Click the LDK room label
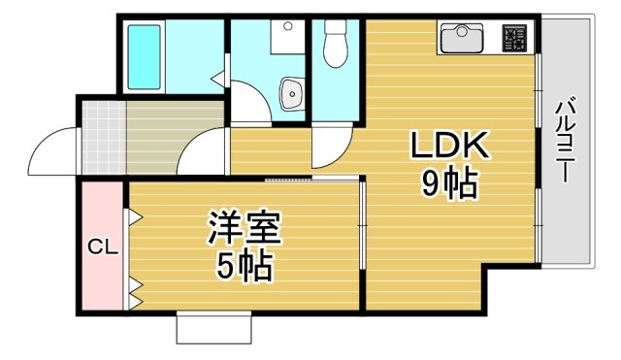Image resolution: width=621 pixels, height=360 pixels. (447, 147)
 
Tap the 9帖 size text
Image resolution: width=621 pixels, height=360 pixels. (448, 182)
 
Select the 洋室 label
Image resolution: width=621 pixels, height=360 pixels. (245, 230)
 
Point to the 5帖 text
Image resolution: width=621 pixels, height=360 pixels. (244, 265)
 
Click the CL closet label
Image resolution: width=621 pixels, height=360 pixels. (103, 246)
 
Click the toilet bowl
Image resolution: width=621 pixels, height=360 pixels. (336, 51)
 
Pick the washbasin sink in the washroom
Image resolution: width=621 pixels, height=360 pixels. (291, 94)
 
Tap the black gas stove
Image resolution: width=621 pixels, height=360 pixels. (514, 39)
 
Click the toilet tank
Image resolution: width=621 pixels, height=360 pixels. (336, 26)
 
